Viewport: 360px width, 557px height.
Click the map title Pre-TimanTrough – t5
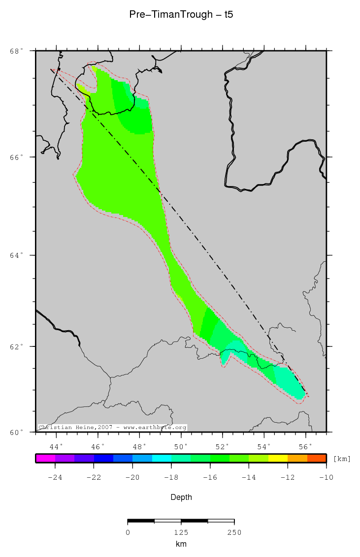coord(181,15)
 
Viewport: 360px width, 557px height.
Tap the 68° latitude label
coord(17,51)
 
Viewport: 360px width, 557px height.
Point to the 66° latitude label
coord(17,157)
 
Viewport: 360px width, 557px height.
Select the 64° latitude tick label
coord(17,255)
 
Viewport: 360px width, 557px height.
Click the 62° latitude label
coord(17,346)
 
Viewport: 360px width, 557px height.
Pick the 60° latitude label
coord(17,432)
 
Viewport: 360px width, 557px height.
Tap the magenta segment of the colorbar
coord(45,458)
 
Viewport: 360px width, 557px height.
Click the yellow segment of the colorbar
coord(278,458)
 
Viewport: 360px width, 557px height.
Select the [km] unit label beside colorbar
coord(342,459)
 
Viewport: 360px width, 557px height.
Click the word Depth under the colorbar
coord(181,497)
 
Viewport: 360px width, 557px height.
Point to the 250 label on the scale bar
coord(234,532)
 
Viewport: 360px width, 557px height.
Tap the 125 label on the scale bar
coord(181,532)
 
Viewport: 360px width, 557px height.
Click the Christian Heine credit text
coord(112,428)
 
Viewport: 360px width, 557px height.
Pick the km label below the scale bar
coord(181,544)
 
